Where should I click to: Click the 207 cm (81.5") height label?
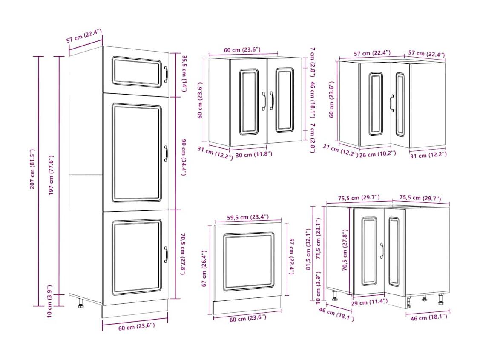pyautogui.click(x=32, y=169)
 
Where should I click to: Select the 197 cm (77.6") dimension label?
pyautogui.click(x=51, y=175)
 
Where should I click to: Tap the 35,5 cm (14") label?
pyautogui.click(x=184, y=73)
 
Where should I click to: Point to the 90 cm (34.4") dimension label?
pyautogui.click(x=184, y=157)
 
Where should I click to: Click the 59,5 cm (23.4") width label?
pyautogui.click(x=248, y=217)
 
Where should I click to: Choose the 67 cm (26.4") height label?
pyautogui.click(x=204, y=268)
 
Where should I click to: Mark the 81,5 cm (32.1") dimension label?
pyautogui.click(x=308, y=249)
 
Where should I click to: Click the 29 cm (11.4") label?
pyautogui.click(x=369, y=302)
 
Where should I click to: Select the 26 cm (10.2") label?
pyautogui.click(x=377, y=154)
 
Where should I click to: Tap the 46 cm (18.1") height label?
pyautogui.click(x=313, y=100)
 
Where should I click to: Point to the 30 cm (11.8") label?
pyautogui.click(x=254, y=154)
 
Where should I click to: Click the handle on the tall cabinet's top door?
pyautogui.click(x=166, y=75)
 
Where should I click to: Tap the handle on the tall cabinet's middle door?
pyautogui.click(x=166, y=153)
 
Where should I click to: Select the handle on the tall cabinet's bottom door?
pyautogui.click(x=166, y=254)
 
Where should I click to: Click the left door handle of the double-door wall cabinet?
pyautogui.click(x=263, y=101)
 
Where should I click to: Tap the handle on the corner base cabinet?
pyautogui.click(x=382, y=251)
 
